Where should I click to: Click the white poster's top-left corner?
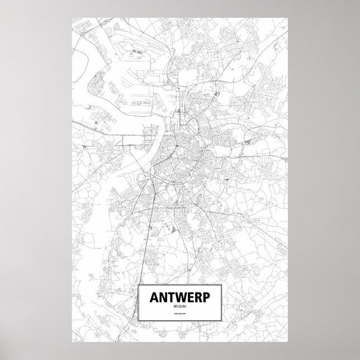(x=73, y=17)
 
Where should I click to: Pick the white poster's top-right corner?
(x=287, y=17)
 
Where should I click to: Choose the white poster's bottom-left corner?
(x=73, y=339)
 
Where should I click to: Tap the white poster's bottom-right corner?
(x=287, y=339)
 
